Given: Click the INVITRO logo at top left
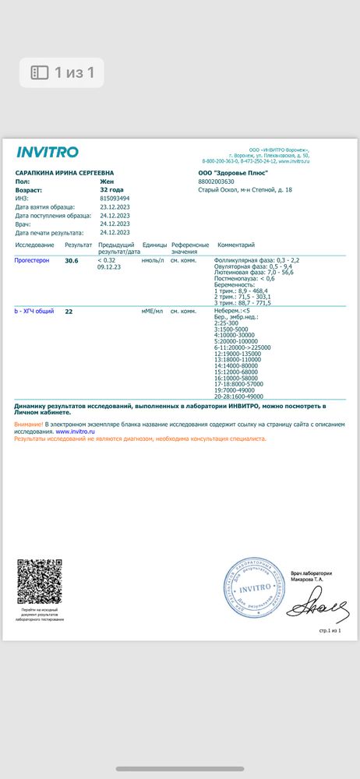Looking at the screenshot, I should point(48,151).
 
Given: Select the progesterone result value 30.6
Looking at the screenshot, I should point(72,260).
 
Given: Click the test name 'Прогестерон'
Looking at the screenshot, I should point(32,260).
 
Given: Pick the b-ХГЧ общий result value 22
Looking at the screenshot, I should point(69,311).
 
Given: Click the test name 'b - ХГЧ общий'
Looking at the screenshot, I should point(34,311).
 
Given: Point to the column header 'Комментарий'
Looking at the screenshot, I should point(235,245).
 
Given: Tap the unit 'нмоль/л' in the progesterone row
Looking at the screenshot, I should point(152,260).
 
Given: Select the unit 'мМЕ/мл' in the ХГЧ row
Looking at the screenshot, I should point(152,311).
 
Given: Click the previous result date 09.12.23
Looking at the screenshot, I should point(109,266).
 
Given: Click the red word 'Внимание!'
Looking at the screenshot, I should point(29,424).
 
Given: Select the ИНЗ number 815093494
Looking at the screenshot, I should point(115,198).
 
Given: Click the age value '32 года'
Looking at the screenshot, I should point(111,189).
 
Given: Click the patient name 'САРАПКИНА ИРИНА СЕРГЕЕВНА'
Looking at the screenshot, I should point(64,172).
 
